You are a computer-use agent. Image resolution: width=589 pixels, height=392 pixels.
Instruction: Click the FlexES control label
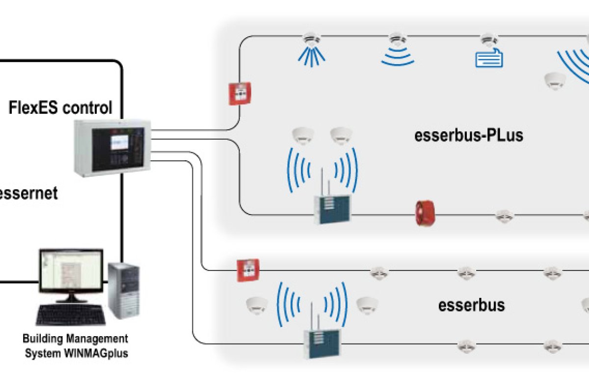click(x=60, y=107)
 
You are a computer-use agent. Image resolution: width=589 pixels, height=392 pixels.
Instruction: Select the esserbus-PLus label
click(x=469, y=135)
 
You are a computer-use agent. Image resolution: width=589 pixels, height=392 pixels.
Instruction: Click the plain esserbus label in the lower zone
click(x=471, y=305)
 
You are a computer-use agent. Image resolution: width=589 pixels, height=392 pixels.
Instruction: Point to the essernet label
click(x=28, y=193)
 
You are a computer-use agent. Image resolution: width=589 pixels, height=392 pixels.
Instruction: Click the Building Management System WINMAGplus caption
click(x=76, y=345)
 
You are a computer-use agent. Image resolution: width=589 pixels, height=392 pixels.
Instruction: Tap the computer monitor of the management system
click(x=71, y=272)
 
